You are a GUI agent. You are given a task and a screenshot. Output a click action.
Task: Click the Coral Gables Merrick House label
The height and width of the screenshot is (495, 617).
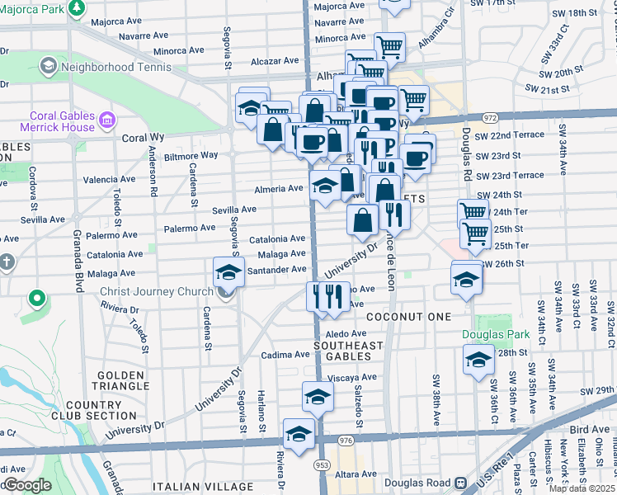tap(63, 122)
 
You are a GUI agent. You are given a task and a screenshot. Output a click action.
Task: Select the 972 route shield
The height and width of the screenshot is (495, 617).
tap(491, 118)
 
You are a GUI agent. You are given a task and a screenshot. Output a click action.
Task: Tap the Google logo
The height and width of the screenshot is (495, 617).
tap(26, 485)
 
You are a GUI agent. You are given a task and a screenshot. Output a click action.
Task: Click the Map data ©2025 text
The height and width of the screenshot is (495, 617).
tap(581, 488)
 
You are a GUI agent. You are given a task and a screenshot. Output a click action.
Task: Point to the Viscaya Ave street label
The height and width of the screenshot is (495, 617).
tap(352, 377)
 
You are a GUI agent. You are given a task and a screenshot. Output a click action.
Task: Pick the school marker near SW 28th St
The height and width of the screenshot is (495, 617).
tap(478, 359)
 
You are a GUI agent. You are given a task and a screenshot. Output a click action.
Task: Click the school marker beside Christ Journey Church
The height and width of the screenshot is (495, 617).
tap(228, 271)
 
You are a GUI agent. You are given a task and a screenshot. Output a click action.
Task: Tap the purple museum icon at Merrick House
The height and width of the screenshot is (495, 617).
tap(106, 122)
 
